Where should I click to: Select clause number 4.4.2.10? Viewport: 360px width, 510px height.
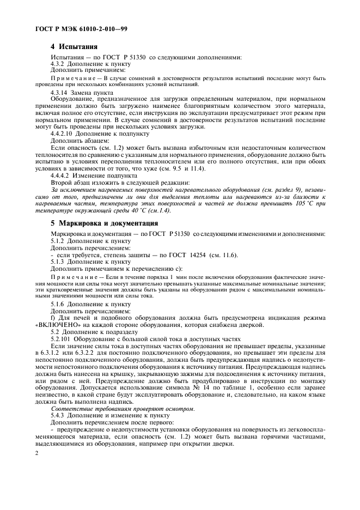(61, 133)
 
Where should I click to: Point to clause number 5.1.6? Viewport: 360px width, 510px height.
(57, 303)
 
